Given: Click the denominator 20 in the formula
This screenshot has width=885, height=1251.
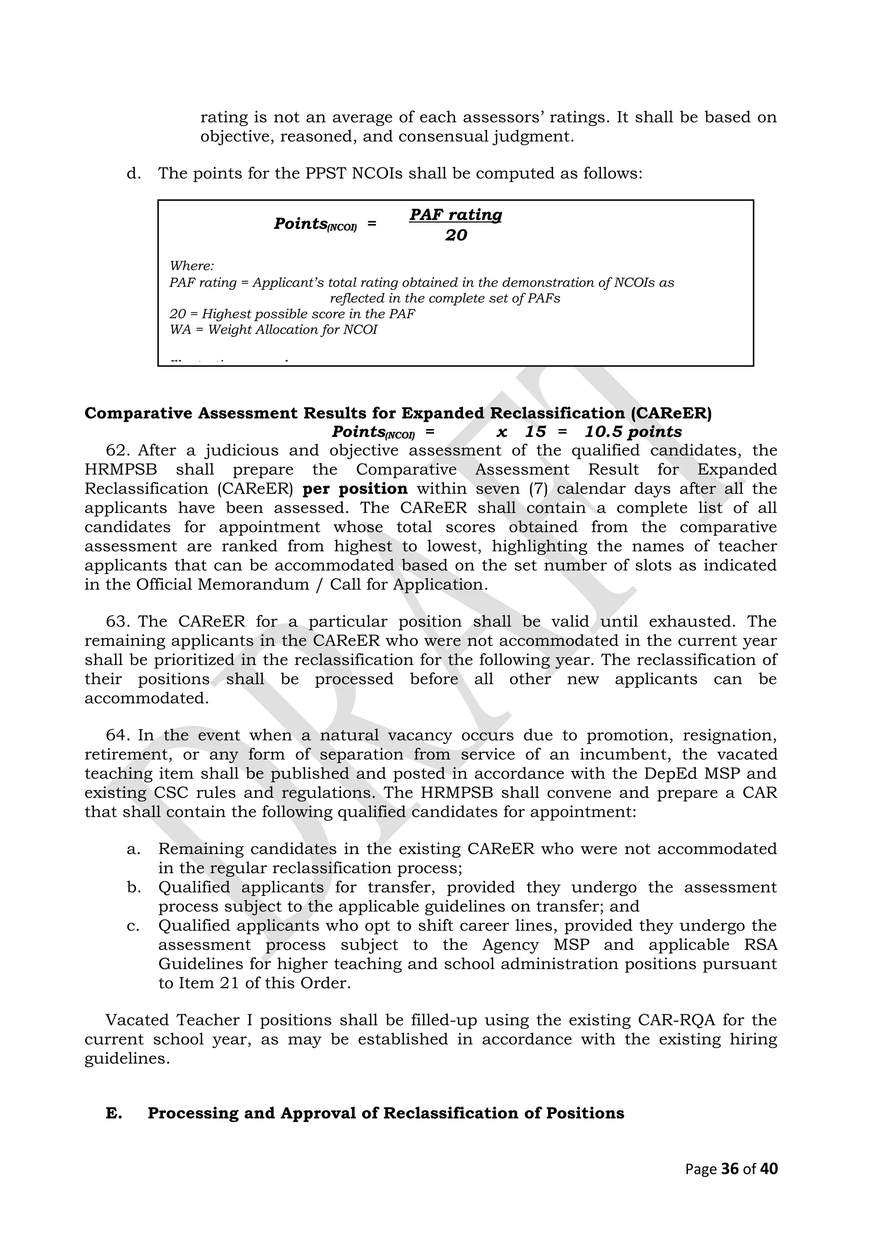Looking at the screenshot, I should click(455, 235).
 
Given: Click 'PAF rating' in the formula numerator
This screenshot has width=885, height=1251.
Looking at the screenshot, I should click(455, 215).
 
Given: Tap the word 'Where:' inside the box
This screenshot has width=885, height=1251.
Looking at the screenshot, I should click(192, 266).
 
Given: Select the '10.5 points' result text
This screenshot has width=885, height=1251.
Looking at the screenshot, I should click(633, 432).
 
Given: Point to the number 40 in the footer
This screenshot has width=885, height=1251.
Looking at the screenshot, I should click(769, 1169).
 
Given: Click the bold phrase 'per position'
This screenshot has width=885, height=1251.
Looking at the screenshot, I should click(355, 489).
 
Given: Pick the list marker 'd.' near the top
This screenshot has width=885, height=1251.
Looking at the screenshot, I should click(134, 174).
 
